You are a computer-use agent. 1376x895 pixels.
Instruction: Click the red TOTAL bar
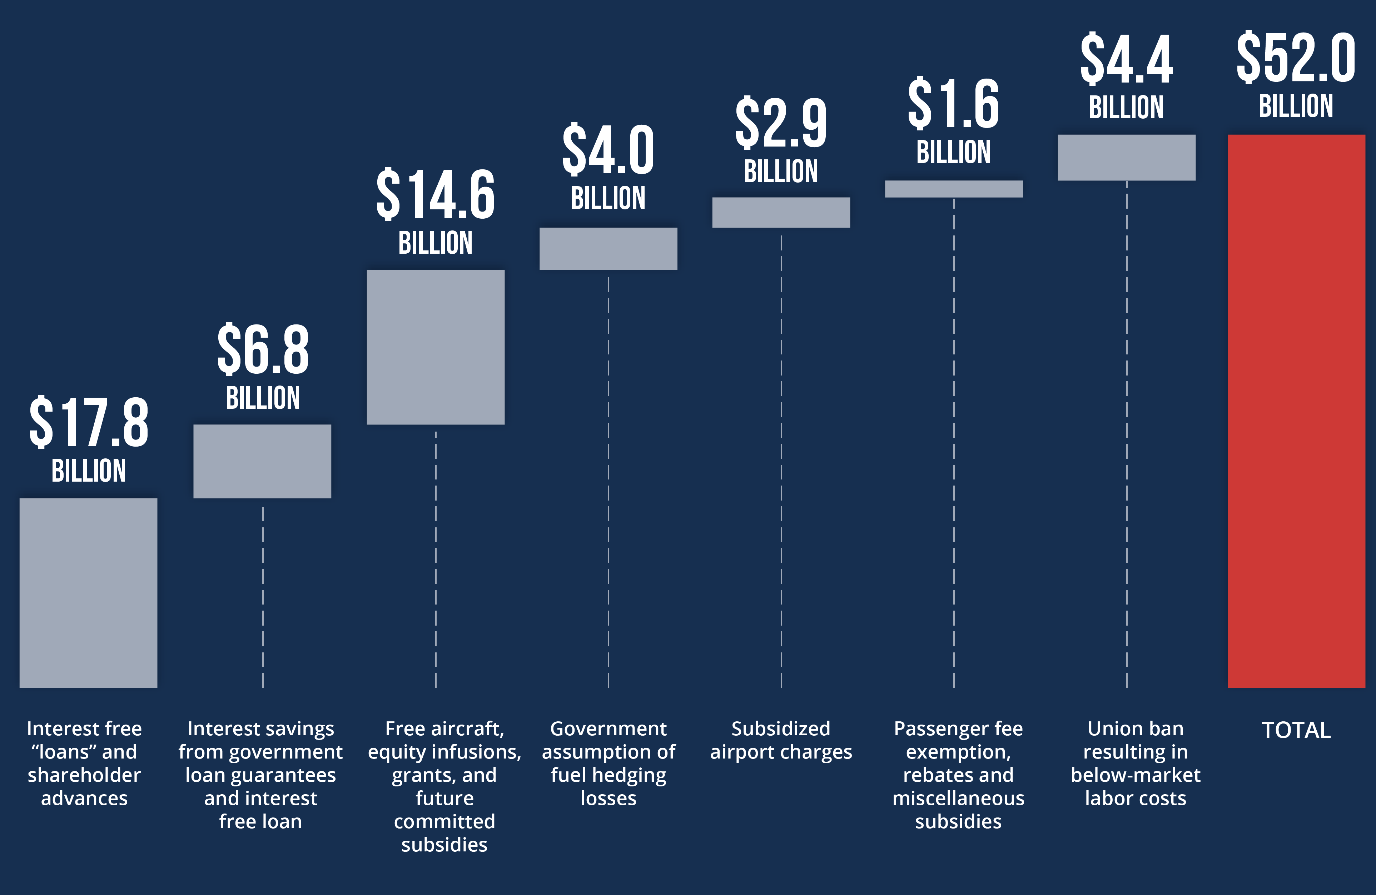point(1296,411)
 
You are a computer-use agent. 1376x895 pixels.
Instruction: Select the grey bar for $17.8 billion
point(89,593)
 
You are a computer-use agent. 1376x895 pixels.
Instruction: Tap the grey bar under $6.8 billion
point(262,461)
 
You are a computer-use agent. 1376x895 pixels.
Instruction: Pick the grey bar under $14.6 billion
point(435,347)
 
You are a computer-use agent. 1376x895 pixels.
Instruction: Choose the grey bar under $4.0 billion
point(608,249)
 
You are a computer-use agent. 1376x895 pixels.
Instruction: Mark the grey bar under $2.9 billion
point(781,212)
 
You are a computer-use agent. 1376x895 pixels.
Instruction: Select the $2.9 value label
point(781,123)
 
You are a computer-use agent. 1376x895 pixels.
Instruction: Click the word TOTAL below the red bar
point(1296,730)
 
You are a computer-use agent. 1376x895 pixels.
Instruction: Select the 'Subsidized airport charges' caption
point(781,740)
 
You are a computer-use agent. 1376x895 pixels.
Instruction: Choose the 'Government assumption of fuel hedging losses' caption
point(608,763)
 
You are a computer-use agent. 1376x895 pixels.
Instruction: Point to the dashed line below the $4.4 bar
point(1127,434)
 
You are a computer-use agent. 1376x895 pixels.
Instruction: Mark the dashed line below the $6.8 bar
point(263,596)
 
